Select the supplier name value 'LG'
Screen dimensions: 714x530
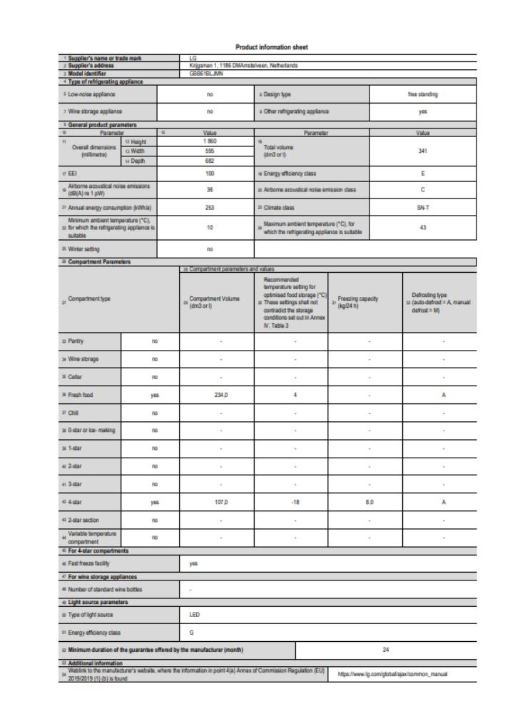click(x=193, y=56)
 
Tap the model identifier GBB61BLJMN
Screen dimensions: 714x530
click(x=205, y=74)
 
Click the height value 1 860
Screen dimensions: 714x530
click(x=210, y=141)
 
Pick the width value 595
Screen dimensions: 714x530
click(x=210, y=151)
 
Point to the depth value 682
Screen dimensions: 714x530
click(x=210, y=161)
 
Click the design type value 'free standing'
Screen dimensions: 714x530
click(x=423, y=94)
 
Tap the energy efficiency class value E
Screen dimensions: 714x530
click(x=423, y=174)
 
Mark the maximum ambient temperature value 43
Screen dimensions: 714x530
click(x=423, y=228)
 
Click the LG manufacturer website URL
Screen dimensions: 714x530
click(x=402, y=673)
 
